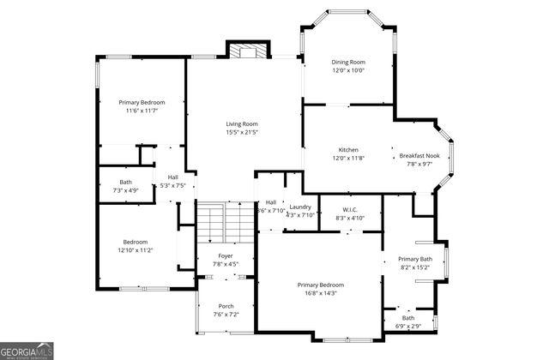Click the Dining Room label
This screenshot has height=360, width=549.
(348, 62)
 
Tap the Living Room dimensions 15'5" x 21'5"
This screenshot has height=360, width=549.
(242, 132)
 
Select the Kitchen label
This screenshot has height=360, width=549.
(348, 149)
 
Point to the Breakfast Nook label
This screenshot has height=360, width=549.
(419, 155)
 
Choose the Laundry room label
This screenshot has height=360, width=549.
(299, 207)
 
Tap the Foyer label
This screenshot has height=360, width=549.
(225, 256)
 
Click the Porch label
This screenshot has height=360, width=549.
(225, 306)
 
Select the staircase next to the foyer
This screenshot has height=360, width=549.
(226, 222)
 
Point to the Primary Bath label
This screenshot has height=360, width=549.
(420, 259)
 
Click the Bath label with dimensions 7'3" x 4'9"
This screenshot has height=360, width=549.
(126, 182)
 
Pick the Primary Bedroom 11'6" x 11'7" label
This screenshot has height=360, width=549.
(142, 103)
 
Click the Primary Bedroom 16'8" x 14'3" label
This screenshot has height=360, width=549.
(321, 285)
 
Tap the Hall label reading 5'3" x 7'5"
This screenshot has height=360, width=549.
(172, 177)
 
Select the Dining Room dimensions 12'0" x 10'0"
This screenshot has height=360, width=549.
(348, 70)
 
